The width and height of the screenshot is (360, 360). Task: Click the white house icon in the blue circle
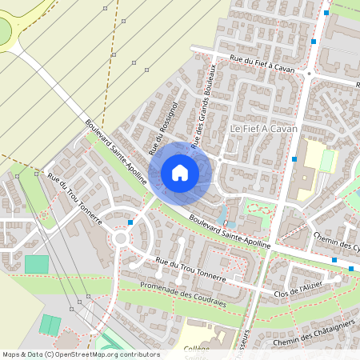180,172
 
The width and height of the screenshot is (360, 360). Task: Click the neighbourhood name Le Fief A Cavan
263,129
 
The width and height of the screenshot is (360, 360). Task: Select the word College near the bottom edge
197,348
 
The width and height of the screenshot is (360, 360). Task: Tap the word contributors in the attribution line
138,354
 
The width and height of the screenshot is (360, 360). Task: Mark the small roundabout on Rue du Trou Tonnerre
122,237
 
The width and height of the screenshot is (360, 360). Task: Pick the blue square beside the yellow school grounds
295,159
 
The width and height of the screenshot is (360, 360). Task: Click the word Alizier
309,286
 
